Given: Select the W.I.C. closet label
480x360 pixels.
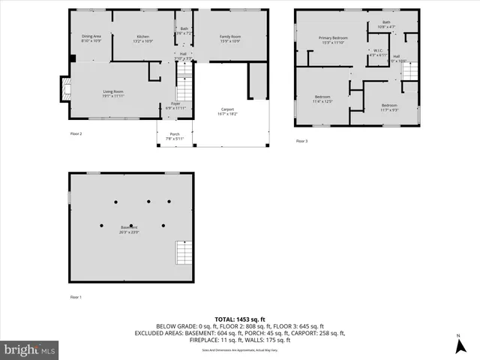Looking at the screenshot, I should (x=377, y=52).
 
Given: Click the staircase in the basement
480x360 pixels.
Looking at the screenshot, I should (x=182, y=253).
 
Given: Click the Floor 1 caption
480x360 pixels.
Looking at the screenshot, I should (x=76, y=297).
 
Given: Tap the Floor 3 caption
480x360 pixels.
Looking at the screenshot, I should (x=301, y=141).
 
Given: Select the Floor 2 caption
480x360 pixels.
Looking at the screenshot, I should (x=76, y=133).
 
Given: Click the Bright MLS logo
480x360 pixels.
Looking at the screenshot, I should (x=30, y=349).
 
